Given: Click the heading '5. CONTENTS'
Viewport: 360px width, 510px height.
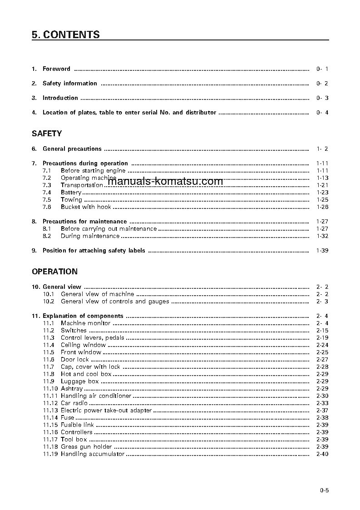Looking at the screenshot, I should point(66,35).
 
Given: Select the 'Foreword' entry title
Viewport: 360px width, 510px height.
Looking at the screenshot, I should point(56,69).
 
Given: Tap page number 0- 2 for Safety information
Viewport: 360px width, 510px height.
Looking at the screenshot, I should point(322,84).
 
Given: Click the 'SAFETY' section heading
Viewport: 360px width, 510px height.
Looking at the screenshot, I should point(47,134).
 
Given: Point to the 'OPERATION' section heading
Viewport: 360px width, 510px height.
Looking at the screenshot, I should point(54,272).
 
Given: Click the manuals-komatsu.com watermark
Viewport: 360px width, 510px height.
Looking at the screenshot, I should point(166,182).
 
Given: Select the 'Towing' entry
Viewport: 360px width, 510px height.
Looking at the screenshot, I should point(71,200).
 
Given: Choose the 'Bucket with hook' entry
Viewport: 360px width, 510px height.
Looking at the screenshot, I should point(86,207).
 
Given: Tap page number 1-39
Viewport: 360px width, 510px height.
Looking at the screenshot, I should point(322,251).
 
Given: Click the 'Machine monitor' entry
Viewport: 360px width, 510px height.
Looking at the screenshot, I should point(85,323).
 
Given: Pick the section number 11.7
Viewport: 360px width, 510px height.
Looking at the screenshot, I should point(49,367).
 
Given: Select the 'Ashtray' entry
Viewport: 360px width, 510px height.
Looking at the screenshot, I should point(72,389).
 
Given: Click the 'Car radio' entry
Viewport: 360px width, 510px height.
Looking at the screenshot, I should point(74,403).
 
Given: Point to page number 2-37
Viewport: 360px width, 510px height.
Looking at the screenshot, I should point(322,411).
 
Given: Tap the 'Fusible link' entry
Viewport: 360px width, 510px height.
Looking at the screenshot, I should point(77,425).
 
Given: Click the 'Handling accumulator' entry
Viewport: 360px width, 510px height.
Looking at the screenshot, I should point(93,454).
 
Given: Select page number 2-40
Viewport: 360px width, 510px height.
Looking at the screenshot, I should point(322,454).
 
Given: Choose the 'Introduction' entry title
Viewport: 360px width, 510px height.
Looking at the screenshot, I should point(60,98).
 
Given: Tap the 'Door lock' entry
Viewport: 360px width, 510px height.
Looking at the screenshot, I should point(75,360).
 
